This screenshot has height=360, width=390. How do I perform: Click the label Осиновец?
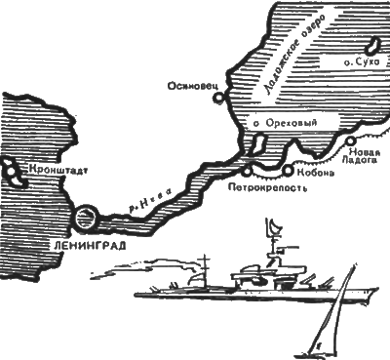(192, 86)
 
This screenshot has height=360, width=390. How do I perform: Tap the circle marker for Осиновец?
(219, 98)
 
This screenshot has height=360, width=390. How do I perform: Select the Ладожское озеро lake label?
(292, 55)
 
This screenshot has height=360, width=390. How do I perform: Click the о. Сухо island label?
(362, 62)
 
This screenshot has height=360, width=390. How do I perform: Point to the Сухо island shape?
(371, 47)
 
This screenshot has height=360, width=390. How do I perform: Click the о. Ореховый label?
(285, 123)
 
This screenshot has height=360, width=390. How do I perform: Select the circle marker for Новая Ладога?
(350, 141)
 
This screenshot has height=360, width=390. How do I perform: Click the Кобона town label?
(315, 173)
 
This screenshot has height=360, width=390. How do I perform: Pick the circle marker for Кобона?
(288, 170)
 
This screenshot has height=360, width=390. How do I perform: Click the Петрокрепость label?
(267, 187)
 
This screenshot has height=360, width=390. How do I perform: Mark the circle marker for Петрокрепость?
(248, 171)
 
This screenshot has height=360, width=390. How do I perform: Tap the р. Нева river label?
(150, 201)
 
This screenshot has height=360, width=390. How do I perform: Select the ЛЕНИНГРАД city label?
(89, 246)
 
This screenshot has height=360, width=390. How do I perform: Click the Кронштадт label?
(58, 170)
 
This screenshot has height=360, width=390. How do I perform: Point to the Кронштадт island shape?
(15, 173)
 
